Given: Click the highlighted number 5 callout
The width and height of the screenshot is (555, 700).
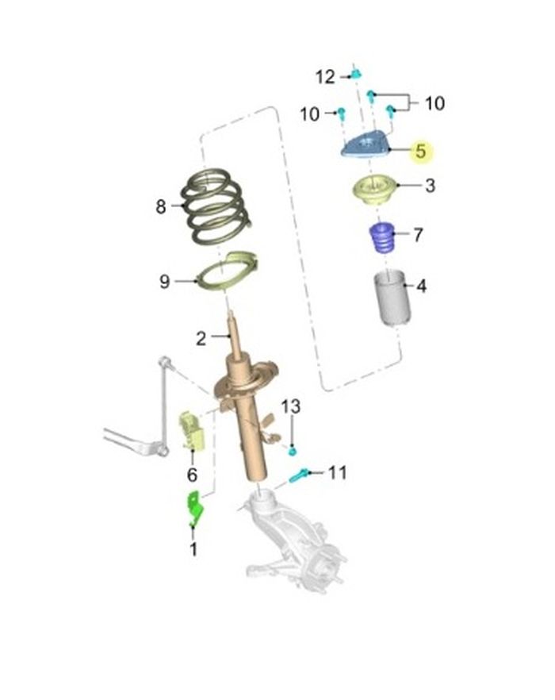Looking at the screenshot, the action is (421, 152).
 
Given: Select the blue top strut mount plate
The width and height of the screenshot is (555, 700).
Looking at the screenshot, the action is (366, 144).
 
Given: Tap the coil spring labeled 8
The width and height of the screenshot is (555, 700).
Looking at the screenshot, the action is (216, 206).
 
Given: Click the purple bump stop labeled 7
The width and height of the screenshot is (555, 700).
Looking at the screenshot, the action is (381, 237).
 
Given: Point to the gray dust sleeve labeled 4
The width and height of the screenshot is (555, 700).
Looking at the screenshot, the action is (392, 298).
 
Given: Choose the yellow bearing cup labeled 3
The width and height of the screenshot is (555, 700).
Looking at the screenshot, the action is (372, 190).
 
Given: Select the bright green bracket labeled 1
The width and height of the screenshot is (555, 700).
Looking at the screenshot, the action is (195, 508).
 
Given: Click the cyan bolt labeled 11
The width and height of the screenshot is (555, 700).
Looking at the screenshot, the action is (298, 475).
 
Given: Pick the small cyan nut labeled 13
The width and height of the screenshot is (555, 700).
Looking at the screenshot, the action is (293, 451).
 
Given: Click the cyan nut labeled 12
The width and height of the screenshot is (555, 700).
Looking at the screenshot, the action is (355, 74).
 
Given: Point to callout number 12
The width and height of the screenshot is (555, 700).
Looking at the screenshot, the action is (325, 77).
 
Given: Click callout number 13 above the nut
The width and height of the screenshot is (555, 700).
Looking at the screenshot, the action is (290, 406).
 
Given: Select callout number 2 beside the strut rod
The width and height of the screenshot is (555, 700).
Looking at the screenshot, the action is (201, 339).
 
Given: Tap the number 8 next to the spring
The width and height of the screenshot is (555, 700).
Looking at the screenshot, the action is (161, 206).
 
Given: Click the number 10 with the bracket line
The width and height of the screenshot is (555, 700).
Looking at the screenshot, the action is (434, 103).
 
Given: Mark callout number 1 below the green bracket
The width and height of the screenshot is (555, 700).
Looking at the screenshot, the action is (193, 549).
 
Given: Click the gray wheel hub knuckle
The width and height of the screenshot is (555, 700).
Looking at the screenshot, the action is (293, 540).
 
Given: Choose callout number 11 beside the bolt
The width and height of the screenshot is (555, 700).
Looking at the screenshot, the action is (337, 472).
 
